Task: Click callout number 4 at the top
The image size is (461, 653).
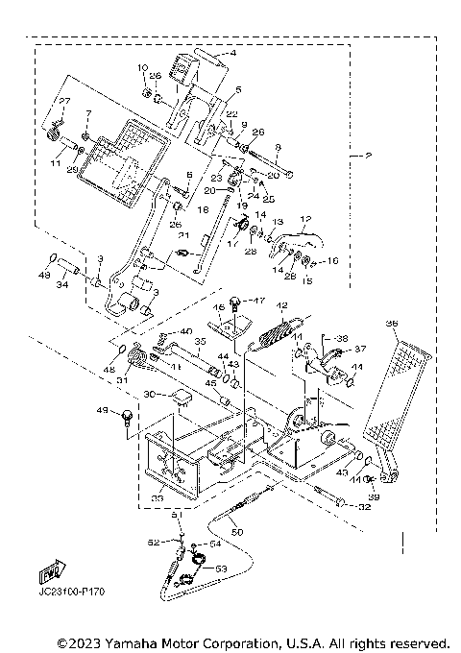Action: (x=231, y=55)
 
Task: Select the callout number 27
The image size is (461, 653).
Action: (x=65, y=101)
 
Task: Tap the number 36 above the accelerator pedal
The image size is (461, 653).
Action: (x=390, y=324)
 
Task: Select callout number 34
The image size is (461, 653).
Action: (x=62, y=284)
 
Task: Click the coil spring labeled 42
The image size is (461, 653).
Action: (x=276, y=337)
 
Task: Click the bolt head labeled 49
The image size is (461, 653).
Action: (x=126, y=415)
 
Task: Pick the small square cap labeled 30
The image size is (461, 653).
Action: (x=177, y=395)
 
